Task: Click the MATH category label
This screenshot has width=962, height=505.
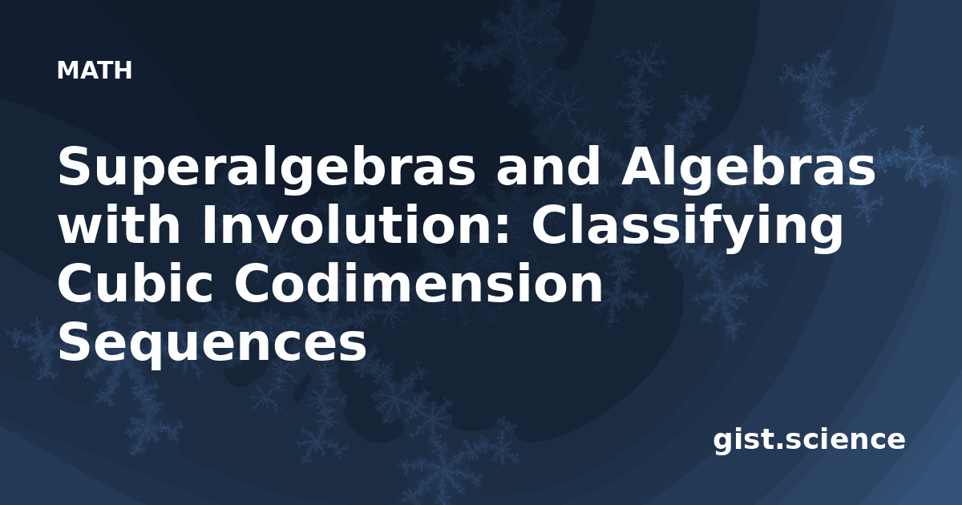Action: click(x=95, y=70)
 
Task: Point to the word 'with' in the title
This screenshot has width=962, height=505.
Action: click(x=119, y=224)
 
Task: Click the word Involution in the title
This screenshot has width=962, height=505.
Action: click(x=352, y=224)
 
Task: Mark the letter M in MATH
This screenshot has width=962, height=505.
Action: click(x=67, y=70)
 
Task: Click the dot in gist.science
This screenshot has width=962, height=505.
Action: click(x=778, y=446)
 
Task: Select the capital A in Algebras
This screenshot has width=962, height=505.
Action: click(x=641, y=166)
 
